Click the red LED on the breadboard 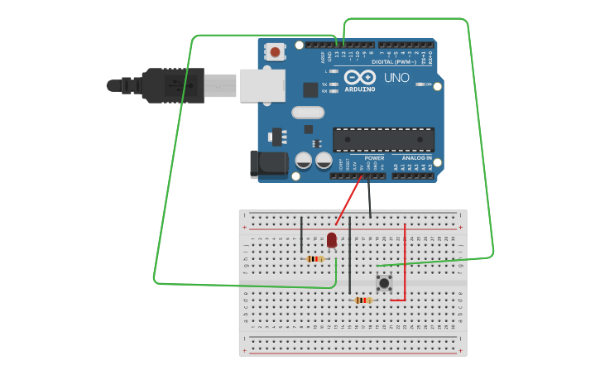click(332, 239)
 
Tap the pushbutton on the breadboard click(384, 283)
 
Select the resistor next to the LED click(314, 259)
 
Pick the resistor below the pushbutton click(362, 300)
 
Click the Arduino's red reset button click(276, 52)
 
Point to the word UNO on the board click(396, 77)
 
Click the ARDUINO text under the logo click(359, 89)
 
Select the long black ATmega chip click(382, 140)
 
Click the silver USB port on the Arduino click(262, 85)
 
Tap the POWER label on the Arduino click(374, 157)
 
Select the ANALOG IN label click(416, 157)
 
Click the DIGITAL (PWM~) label click(394, 61)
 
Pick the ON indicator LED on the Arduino click(420, 84)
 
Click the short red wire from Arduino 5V click(349, 201)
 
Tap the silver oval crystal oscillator click(307, 112)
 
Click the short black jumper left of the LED click(301, 233)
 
